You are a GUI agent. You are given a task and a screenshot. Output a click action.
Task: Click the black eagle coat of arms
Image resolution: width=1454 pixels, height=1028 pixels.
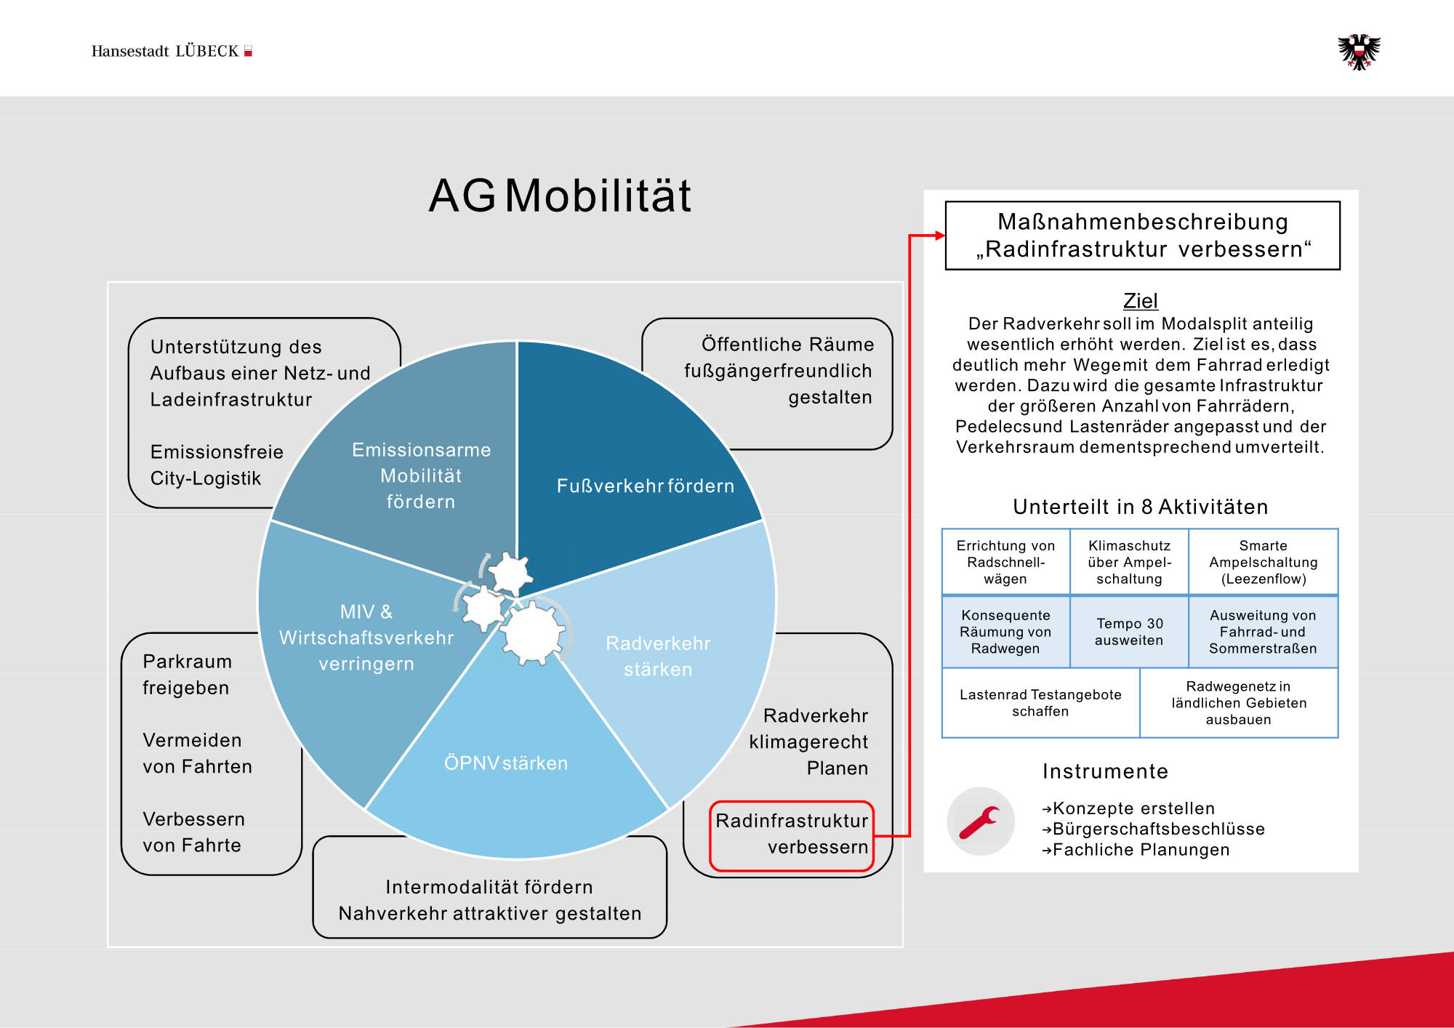tap(1359, 52)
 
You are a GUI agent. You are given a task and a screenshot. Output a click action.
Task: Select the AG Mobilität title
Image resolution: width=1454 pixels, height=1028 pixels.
tap(560, 196)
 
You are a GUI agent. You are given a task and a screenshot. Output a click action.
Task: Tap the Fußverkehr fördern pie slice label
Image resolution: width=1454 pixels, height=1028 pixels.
tap(645, 486)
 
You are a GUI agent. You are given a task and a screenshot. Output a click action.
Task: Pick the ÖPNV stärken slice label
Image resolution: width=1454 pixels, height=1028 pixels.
tap(506, 763)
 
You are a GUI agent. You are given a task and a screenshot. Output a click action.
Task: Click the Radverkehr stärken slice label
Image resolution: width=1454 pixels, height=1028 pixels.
tap(658, 656)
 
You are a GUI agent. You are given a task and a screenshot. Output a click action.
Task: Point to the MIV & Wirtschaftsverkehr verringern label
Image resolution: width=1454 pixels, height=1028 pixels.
tap(366, 638)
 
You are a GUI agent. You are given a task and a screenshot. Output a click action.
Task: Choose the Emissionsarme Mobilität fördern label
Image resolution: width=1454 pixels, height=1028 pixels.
tap(421, 475)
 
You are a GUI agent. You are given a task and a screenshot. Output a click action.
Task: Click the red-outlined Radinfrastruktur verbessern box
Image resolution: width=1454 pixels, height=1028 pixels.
tap(792, 835)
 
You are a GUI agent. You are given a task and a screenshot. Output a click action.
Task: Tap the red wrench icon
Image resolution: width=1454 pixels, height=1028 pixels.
tap(980, 822)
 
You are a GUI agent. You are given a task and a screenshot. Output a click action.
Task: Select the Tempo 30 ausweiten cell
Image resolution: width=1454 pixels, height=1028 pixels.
tap(1129, 632)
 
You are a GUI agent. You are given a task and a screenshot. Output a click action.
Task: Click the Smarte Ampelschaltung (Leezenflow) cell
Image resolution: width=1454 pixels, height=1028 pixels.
tap(1263, 562)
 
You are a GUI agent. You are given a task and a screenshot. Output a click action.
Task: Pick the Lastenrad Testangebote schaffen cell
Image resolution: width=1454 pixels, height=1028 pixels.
tap(1040, 702)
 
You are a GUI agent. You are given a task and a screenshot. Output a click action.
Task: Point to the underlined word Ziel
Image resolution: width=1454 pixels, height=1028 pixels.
tap(1140, 300)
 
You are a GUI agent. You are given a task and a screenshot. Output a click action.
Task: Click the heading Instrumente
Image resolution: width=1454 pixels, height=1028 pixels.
tap(1105, 771)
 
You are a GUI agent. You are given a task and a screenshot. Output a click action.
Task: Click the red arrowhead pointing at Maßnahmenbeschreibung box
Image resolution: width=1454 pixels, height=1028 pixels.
tap(940, 235)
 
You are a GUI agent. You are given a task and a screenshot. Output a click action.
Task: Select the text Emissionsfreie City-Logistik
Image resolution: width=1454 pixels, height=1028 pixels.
tap(217, 465)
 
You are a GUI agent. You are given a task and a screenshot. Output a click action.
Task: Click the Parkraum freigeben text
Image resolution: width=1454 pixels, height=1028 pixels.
tap(187, 674)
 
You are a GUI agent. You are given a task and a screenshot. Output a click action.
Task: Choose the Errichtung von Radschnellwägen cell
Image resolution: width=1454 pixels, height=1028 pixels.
tap(1005, 562)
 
